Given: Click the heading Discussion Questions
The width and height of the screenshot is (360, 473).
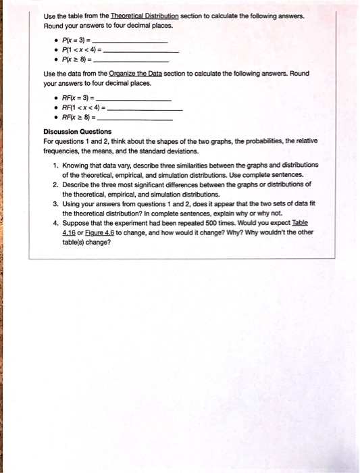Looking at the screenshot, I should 78,131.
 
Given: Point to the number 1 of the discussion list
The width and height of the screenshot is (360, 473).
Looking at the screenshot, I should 55,165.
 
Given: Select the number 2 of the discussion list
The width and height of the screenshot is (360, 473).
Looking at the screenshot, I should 55,184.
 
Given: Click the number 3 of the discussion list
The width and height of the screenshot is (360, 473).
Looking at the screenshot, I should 55,203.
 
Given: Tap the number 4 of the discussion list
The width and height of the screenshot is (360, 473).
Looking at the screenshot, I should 55,221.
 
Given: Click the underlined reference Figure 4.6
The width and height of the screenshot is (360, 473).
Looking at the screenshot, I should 103,230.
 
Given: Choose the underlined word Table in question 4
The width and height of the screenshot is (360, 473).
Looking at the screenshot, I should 299,221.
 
